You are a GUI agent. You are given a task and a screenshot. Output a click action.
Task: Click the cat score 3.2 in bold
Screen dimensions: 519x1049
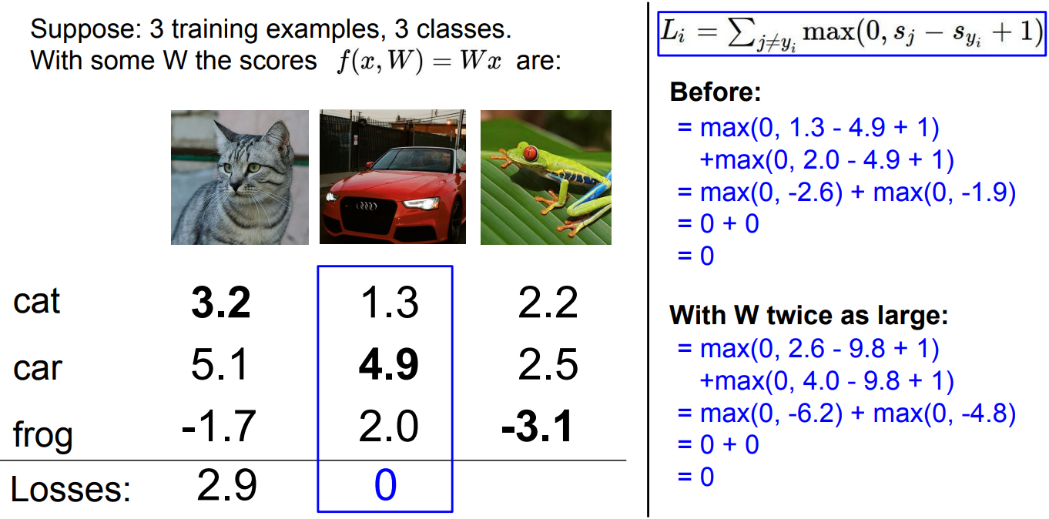point(221,303)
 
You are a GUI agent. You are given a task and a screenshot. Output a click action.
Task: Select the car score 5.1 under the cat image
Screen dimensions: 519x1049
point(220,367)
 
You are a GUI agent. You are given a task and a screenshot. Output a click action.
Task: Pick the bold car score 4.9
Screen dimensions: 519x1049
point(388,367)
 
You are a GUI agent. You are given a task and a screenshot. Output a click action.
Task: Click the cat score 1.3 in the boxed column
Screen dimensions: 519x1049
point(389,303)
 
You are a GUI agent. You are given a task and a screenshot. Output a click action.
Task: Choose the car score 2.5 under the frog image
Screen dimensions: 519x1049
point(548,367)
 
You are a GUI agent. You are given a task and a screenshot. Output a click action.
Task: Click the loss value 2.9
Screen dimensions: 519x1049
point(226,486)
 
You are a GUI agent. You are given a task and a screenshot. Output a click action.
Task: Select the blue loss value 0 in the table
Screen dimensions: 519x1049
point(385,486)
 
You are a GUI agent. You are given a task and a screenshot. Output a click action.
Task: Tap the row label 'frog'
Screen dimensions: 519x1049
point(43,434)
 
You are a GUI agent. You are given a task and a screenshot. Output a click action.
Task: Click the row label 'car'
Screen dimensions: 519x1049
point(37,368)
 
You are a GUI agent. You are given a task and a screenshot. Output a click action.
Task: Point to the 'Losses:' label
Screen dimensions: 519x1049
point(71,489)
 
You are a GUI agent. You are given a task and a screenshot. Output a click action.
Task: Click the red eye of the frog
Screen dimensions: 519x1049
point(530,153)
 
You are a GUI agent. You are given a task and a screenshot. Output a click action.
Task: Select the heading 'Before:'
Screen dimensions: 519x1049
point(716,92)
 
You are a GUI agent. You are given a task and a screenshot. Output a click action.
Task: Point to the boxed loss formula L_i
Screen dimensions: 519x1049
point(850,35)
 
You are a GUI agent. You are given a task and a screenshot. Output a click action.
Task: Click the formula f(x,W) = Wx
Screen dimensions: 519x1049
point(419,61)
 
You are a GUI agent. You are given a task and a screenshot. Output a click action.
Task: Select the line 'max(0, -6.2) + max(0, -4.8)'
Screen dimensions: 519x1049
point(846,414)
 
